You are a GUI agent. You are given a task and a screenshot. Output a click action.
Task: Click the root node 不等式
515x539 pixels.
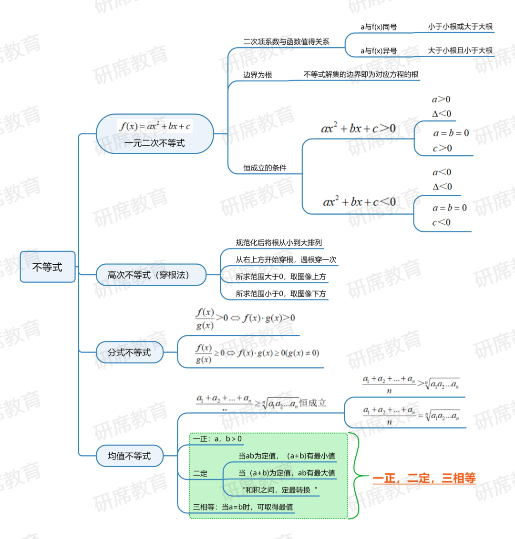(x=47, y=267)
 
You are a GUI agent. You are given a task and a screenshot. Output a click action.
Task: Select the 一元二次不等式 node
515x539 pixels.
(x=154, y=134)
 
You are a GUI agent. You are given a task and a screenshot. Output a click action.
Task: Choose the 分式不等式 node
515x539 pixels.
(x=129, y=352)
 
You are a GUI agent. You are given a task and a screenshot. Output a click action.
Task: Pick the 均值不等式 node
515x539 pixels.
(x=129, y=456)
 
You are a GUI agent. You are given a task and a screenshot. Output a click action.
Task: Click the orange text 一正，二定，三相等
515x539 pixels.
(x=424, y=478)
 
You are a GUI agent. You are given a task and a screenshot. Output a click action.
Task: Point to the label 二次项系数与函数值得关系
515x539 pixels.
(x=286, y=42)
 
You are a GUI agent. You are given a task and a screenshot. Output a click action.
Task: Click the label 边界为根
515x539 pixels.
(x=257, y=75)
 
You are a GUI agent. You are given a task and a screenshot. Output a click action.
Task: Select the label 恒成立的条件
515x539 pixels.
(x=265, y=168)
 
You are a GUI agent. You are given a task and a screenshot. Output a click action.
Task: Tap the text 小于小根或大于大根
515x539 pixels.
(x=460, y=27)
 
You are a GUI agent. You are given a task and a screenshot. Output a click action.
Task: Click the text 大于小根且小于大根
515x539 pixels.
(x=460, y=50)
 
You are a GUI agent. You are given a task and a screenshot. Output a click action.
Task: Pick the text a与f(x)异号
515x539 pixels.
(x=379, y=51)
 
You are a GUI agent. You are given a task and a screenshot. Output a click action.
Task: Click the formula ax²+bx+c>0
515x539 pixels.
(x=358, y=128)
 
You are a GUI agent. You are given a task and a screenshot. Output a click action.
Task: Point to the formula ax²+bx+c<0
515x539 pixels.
(x=359, y=202)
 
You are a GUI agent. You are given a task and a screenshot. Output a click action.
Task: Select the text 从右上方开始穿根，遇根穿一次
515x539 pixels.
(x=286, y=260)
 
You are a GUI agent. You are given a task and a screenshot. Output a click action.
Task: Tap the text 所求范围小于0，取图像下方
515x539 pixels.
(x=280, y=294)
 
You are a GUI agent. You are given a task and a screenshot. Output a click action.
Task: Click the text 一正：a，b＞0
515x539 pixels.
(x=217, y=439)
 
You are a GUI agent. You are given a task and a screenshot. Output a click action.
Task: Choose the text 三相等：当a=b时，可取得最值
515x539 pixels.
(x=243, y=507)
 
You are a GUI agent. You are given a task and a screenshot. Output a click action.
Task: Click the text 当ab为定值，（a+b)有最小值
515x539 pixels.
(x=287, y=456)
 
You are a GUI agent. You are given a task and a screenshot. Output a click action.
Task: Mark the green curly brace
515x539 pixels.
(x=357, y=476)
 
